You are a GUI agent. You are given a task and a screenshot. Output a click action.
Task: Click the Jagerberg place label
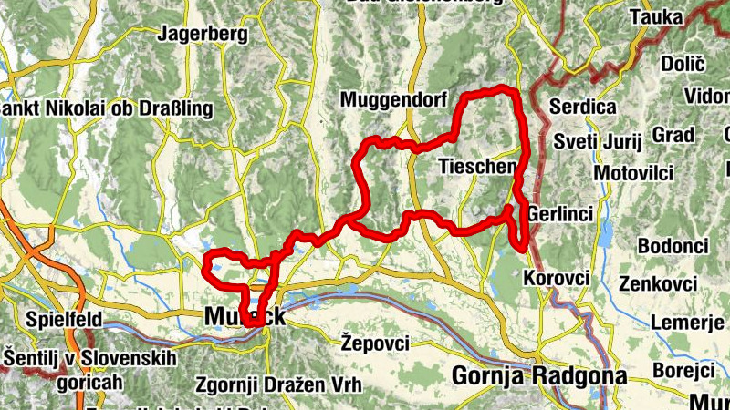coord(203,36)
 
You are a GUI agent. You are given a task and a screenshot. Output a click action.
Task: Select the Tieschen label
coord(477,167)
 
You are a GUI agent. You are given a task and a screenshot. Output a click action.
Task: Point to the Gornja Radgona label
coord(540,376)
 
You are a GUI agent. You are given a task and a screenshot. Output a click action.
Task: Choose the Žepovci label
coord(375,343)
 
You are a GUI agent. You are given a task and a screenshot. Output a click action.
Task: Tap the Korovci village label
coord(557,277)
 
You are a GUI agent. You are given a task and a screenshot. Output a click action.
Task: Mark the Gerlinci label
coord(561,213)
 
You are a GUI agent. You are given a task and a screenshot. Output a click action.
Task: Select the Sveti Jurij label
coord(599,141)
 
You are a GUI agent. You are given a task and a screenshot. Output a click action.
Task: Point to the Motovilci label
coord(633,173)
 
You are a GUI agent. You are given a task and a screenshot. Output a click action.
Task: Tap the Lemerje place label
coord(689,323)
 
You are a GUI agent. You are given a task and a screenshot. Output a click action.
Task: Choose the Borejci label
coord(683,371)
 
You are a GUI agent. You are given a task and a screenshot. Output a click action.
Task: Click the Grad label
coord(673,135)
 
